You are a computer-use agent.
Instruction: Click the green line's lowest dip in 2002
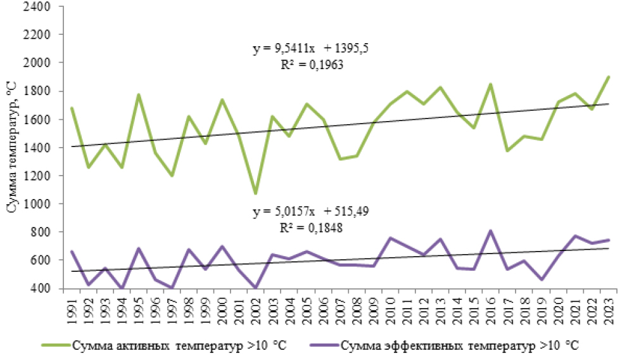tap(255, 193)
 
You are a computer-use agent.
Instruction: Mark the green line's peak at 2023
tap(608, 77)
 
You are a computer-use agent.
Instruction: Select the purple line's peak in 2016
tap(490, 231)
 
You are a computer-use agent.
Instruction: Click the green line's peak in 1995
tap(138, 95)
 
